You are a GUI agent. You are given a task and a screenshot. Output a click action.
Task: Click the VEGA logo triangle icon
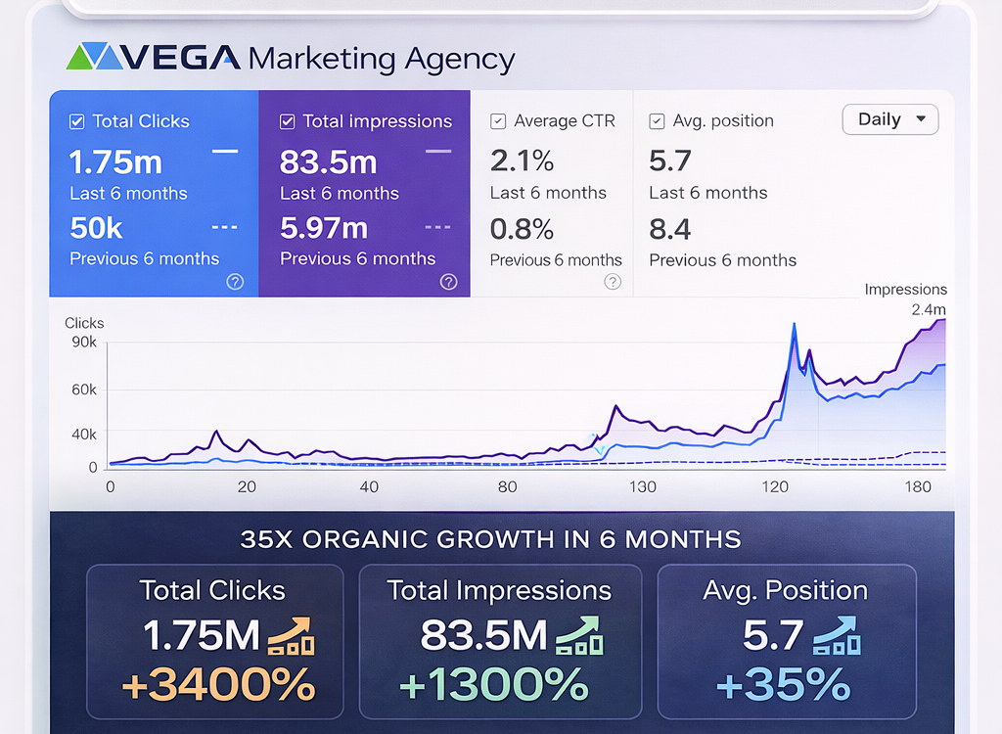pyautogui.click(x=95, y=57)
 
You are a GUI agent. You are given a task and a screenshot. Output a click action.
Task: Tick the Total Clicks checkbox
pyautogui.click(x=76, y=122)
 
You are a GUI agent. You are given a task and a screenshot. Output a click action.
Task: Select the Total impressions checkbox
pyautogui.click(x=287, y=122)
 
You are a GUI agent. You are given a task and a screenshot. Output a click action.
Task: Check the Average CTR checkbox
pyautogui.click(x=498, y=121)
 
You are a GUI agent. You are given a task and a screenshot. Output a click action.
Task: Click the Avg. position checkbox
pyautogui.click(x=658, y=121)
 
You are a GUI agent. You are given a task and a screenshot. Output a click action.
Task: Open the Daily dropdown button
pyautogui.click(x=890, y=119)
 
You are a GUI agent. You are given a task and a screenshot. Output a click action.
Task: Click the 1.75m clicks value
pyautogui.click(x=115, y=161)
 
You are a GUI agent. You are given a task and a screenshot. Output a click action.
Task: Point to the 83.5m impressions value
pyautogui.click(x=328, y=161)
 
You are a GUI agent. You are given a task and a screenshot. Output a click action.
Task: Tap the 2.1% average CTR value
pyautogui.click(x=522, y=161)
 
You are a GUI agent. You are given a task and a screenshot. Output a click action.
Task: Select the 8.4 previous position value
pyautogui.click(x=670, y=229)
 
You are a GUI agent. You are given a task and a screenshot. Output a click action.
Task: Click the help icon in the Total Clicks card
pyautogui.click(x=235, y=282)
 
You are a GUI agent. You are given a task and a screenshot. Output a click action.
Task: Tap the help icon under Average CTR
pyautogui.click(x=613, y=282)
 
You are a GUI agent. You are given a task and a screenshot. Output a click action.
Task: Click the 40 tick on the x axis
pyautogui.click(x=369, y=487)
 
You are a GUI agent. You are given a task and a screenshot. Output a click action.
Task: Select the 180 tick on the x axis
pyautogui.click(x=918, y=487)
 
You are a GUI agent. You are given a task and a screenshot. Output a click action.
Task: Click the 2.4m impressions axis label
pyautogui.click(x=929, y=310)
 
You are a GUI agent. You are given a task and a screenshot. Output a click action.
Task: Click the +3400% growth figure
pyautogui.click(x=218, y=684)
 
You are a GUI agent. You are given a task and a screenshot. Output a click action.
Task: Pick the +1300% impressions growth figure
pyautogui.click(x=494, y=684)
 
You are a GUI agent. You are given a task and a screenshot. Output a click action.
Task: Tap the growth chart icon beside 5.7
pyautogui.click(x=836, y=635)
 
